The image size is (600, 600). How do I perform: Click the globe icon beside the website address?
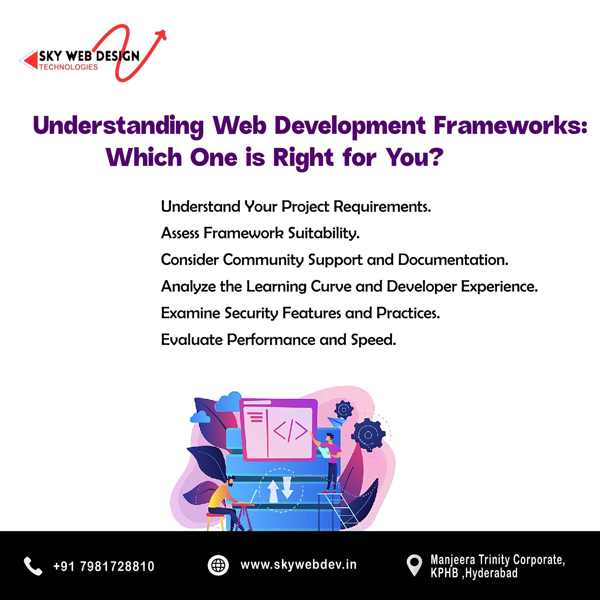pos(218,565)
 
